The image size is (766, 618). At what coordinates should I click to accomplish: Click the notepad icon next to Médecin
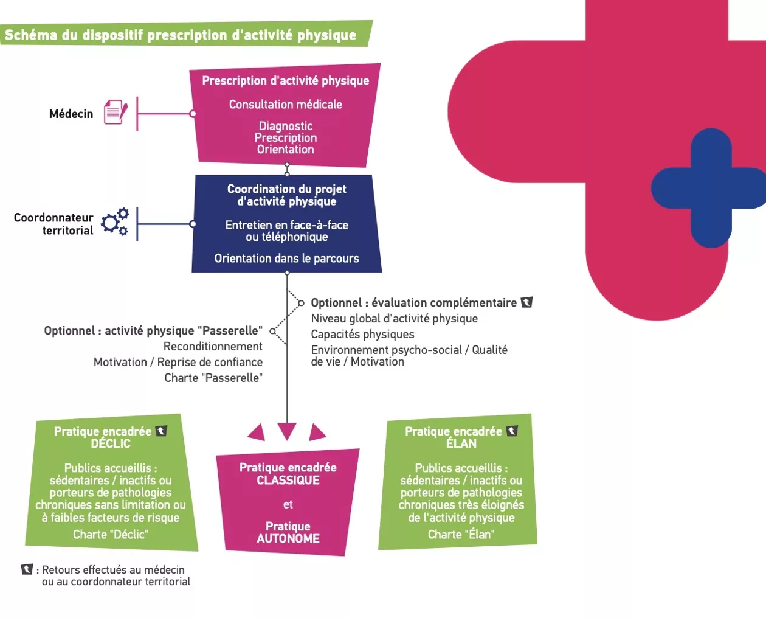click(x=116, y=113)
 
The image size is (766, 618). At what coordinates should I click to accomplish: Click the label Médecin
click(x=71, y=114)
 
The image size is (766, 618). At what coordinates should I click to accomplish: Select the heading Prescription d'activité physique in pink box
click(x=286, y=81)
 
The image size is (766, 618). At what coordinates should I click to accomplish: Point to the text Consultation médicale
click(x=286, y=105)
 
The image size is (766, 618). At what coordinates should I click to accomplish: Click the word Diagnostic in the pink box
click(x=286, y=126)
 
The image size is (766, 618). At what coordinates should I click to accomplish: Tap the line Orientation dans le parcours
click(x=286, y=259)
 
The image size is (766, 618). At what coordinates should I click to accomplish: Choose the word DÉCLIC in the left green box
click(x=111, y=443)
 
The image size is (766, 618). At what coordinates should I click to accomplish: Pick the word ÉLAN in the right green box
click(x=461, y=443)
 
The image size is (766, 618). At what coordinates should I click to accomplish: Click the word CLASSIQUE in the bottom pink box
click(x=288, y=480)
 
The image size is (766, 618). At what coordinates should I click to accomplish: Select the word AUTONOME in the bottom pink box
click(x=288, y=538)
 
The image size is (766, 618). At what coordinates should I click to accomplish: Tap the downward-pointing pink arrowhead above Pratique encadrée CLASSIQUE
click(x=287, y=431)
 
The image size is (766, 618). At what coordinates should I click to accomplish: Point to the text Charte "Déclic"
click(x=111, y=535)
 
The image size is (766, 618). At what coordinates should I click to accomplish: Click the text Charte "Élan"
click(x=461, y=535)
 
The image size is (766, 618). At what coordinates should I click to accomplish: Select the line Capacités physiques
click(x=362, y=335)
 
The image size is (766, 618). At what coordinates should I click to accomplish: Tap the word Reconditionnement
click(x=213, y=347)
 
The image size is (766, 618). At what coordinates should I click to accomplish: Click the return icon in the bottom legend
click(x=27, y=569)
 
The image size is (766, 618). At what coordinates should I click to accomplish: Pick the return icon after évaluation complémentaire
click(x=526, y=302)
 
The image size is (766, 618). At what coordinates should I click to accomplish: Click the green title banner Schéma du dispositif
click(x=181, y=35)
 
